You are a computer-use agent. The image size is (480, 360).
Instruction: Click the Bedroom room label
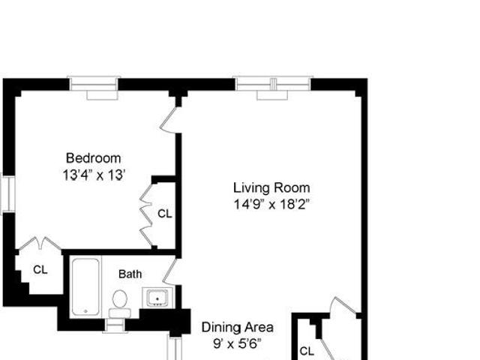click(94, 158)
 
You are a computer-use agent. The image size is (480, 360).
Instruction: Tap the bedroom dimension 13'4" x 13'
click(94, 175)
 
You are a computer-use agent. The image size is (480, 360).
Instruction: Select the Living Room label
click(271, 187)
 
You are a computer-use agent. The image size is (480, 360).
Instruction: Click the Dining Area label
click(238, 327)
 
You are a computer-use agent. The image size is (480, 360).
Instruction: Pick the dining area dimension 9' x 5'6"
click(238, 343)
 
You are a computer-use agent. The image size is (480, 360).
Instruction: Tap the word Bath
click(130, 274)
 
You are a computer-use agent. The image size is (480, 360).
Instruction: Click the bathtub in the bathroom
click(85, 286)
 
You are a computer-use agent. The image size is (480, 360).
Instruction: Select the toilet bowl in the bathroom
click(120, 298)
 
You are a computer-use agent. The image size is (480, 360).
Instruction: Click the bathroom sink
click(157, 298)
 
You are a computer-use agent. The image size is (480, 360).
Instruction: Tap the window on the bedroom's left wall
click(7, 194)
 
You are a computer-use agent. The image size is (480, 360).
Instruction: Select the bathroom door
click(169, 271)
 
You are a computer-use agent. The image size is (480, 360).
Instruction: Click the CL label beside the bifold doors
click(165, 214)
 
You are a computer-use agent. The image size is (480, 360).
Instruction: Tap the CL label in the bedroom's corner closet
click(40, 270)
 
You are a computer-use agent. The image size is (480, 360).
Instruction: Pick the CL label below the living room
click(307, 351)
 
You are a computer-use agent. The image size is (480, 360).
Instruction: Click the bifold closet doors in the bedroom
click(146, 215)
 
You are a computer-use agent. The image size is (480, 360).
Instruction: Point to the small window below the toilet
click(115, 325)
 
